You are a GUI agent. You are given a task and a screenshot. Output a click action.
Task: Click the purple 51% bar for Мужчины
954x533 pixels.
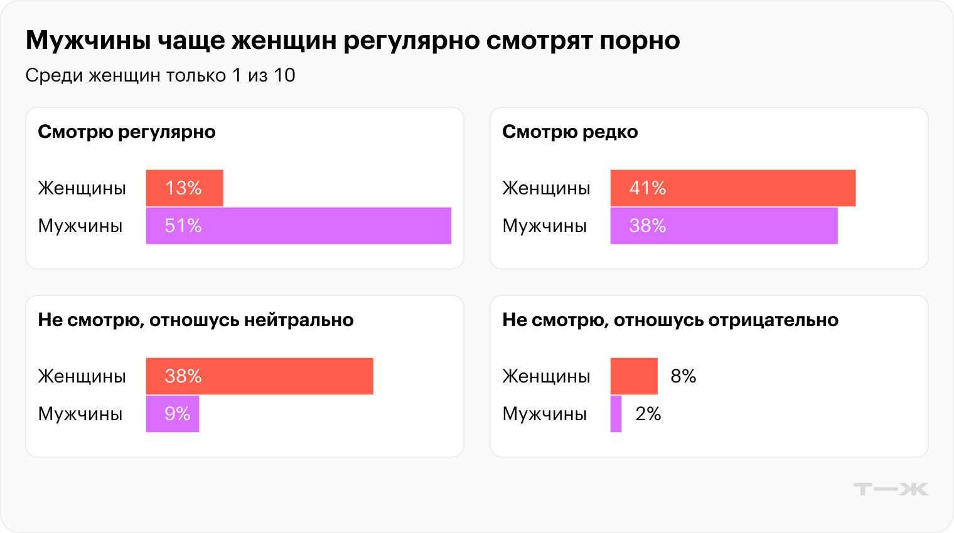[299, 226]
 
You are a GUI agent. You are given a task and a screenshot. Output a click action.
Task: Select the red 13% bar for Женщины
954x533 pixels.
[185, 188]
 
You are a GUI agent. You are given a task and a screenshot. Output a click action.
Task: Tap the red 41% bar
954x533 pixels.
[732, 188]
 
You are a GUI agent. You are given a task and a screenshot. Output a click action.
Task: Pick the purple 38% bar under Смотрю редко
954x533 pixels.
[724, 226]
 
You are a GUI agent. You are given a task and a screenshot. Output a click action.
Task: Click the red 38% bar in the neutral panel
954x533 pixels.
[259, 376]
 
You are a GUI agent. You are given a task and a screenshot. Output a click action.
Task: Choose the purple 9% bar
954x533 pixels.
[173, 414]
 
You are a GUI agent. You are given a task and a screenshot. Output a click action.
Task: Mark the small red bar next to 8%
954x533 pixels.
[634, 376]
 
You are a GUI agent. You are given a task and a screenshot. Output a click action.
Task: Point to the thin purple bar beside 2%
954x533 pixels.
[616, 414]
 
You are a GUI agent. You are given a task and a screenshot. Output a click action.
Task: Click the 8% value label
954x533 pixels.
[683, 376]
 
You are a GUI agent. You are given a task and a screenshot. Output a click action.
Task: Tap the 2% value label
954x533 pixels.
[648, 414]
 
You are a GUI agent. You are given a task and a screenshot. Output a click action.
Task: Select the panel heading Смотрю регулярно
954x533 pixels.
[127, 132]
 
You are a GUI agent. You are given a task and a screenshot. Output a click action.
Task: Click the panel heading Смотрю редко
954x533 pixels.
[570, 132]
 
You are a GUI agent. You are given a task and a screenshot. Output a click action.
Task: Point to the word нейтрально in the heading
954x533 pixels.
[299, 320]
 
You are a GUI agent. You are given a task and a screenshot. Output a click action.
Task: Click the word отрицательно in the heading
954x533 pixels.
[773, 320]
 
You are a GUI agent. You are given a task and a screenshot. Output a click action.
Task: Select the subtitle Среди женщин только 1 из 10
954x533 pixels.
[160, 75]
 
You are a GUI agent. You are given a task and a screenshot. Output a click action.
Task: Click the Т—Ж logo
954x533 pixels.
[891, 489]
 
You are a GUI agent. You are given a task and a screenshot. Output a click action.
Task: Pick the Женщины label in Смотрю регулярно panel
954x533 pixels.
[82, 188]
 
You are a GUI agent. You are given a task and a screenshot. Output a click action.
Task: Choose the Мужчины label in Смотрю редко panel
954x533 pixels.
[544, 226]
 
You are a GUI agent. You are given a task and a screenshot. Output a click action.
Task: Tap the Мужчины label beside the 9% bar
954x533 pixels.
[80, 414]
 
